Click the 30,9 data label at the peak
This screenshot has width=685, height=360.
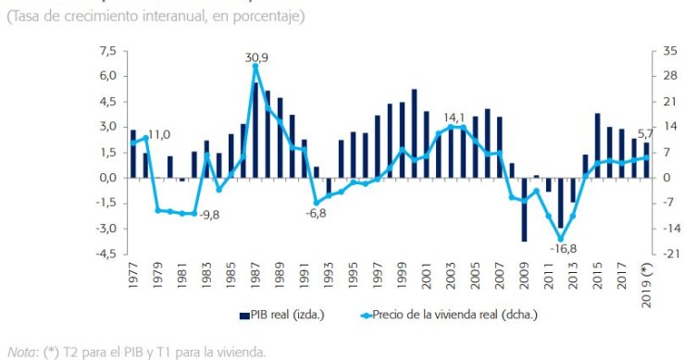pyautogui.click(x=256, y=58)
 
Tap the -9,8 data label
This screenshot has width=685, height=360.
pyautogui.click(x=206, y=215)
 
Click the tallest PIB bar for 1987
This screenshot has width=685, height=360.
pyautogui.click(x=255, y=130)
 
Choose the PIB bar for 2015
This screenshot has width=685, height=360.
pyautogui.click(x=597, y=145)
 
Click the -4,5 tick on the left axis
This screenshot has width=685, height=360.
pyautogui.click(x=106, y=254)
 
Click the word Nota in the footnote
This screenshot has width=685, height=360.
pyautogui.click(x=19, y=351)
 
